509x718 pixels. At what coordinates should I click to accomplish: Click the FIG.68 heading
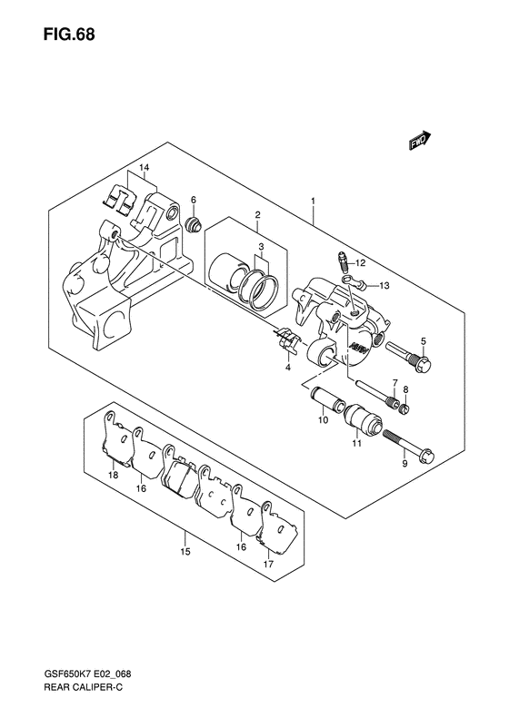coord(69,34)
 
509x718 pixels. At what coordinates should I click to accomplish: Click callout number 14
coord(145,168)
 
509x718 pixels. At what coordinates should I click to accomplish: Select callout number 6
coord(194,199)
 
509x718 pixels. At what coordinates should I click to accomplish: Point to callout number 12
coord(361,263)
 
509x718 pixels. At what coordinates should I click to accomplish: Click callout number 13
coord(384,286)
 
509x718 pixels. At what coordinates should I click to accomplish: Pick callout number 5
coord(424,340)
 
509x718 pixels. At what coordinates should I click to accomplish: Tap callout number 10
coord(324,420)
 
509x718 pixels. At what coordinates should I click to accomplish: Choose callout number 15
coord(185,552)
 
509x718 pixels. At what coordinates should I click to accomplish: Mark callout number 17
coord(269,565)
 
